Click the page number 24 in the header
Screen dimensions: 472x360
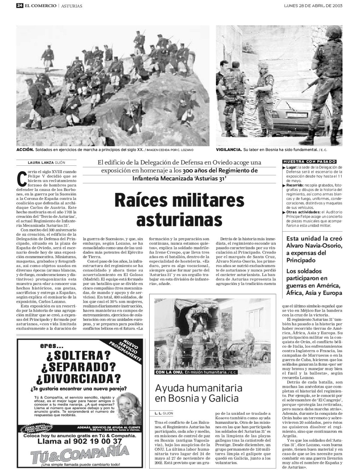click(20, 6)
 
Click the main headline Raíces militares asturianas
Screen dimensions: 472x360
click(179, 209)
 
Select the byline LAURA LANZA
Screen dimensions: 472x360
click(40, 163)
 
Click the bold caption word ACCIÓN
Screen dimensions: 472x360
click(25, 150)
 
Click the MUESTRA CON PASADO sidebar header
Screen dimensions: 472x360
click(309, 162)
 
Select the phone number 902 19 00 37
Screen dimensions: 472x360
click(80, 441)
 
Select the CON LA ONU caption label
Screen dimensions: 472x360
click(169, 373)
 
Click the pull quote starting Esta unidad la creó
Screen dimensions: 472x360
click(314, 249)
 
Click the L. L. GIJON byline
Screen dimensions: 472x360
click(163, 413)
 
